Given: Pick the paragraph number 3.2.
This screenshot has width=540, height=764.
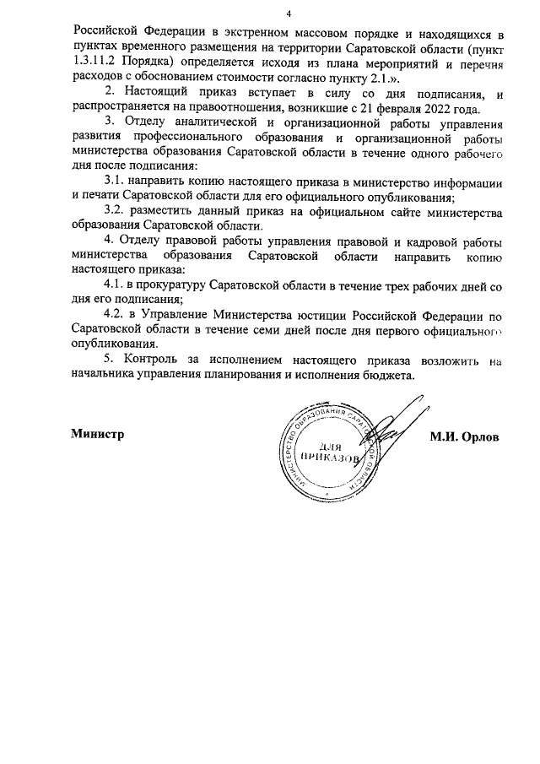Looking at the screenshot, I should click(114, 209).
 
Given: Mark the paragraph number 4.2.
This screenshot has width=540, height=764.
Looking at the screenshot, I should click(114, 316).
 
